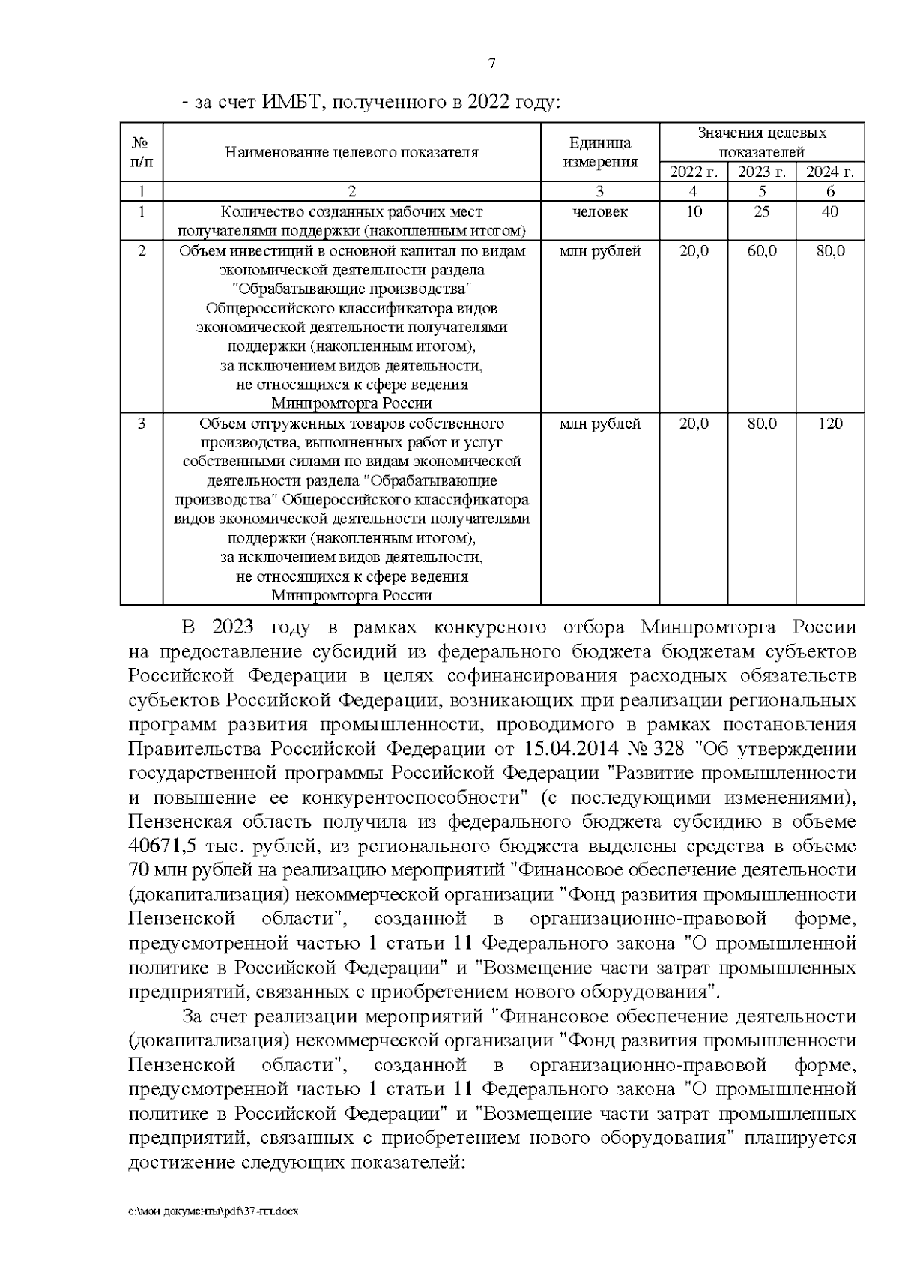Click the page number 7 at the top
coord(491,64)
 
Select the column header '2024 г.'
coord(829,172)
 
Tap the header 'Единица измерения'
coord(600,152)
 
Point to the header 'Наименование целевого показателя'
coord(351,153)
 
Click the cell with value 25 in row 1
coord(761,212)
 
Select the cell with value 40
coord(829,212)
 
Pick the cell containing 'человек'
coord(600,212)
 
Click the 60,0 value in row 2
coord(761,251)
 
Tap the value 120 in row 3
coord(829,424)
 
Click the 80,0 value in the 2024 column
coord(829,251)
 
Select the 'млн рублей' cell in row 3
coord(600,424)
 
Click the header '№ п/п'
coord(142,152)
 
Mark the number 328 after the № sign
coord(670,749)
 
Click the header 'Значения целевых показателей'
coord(761,142)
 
